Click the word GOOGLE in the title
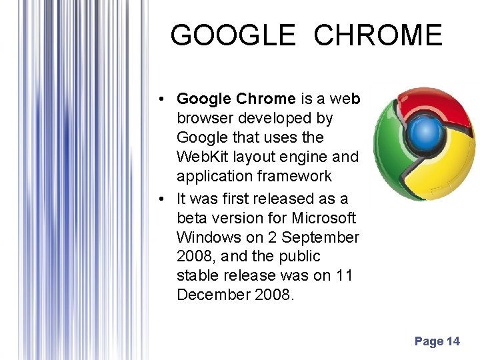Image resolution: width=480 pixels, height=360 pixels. (x=233, y=35)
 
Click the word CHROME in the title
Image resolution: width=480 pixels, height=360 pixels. (x=378, y=35)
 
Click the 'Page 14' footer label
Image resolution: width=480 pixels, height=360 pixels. (x=437, y=341)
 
